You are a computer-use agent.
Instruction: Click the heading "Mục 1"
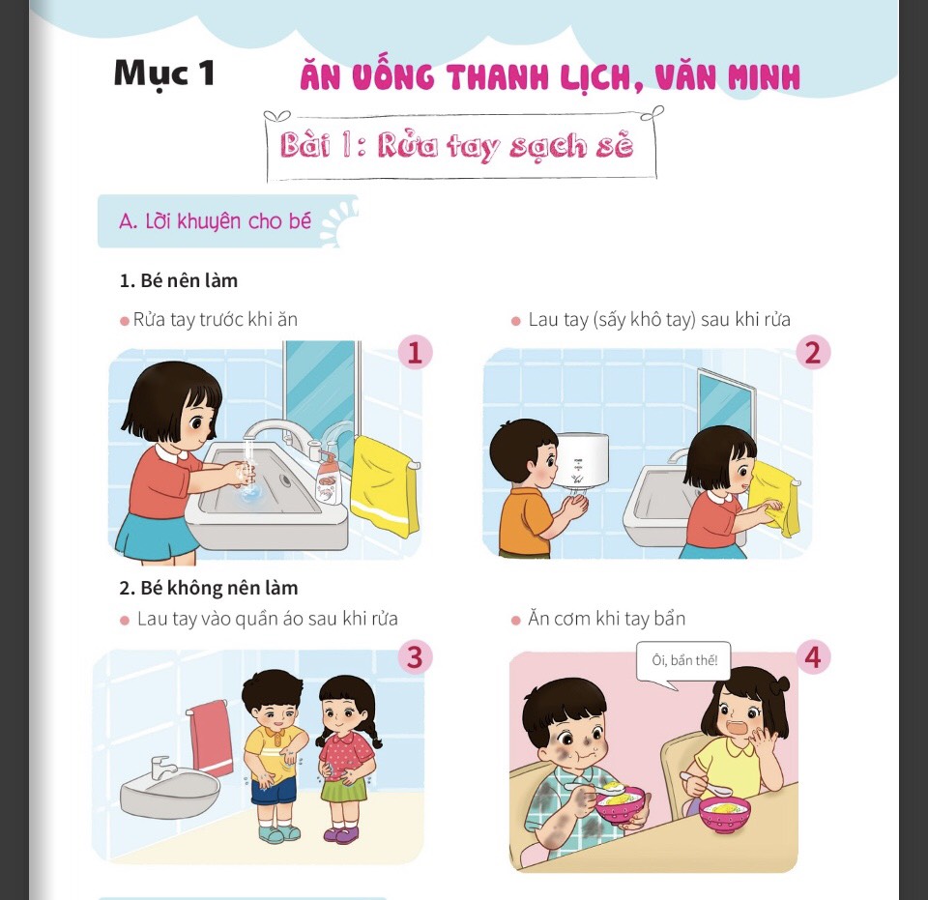(x=164, y=74)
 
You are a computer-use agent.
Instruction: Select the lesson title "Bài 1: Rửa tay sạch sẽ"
(x=457, y=145)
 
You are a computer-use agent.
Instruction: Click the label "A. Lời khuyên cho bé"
(x=215, y=221)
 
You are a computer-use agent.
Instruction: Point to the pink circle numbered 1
(x=415, y=353)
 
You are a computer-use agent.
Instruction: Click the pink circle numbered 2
(x=813, y=353)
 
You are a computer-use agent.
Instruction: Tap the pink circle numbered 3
(x=415, y=657)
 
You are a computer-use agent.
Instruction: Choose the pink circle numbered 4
(x=813, y=657)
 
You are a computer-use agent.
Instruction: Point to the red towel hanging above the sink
(x=210, y=736)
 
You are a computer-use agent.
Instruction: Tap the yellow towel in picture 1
(x=384, y=486)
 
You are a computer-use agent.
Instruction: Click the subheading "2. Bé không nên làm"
(x=209, y=588)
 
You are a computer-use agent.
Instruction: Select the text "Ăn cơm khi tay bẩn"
(x=606, y=619)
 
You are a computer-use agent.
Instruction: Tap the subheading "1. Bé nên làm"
(x=178, y=280)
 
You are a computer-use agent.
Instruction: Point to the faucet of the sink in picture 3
(x=162, y=768)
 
